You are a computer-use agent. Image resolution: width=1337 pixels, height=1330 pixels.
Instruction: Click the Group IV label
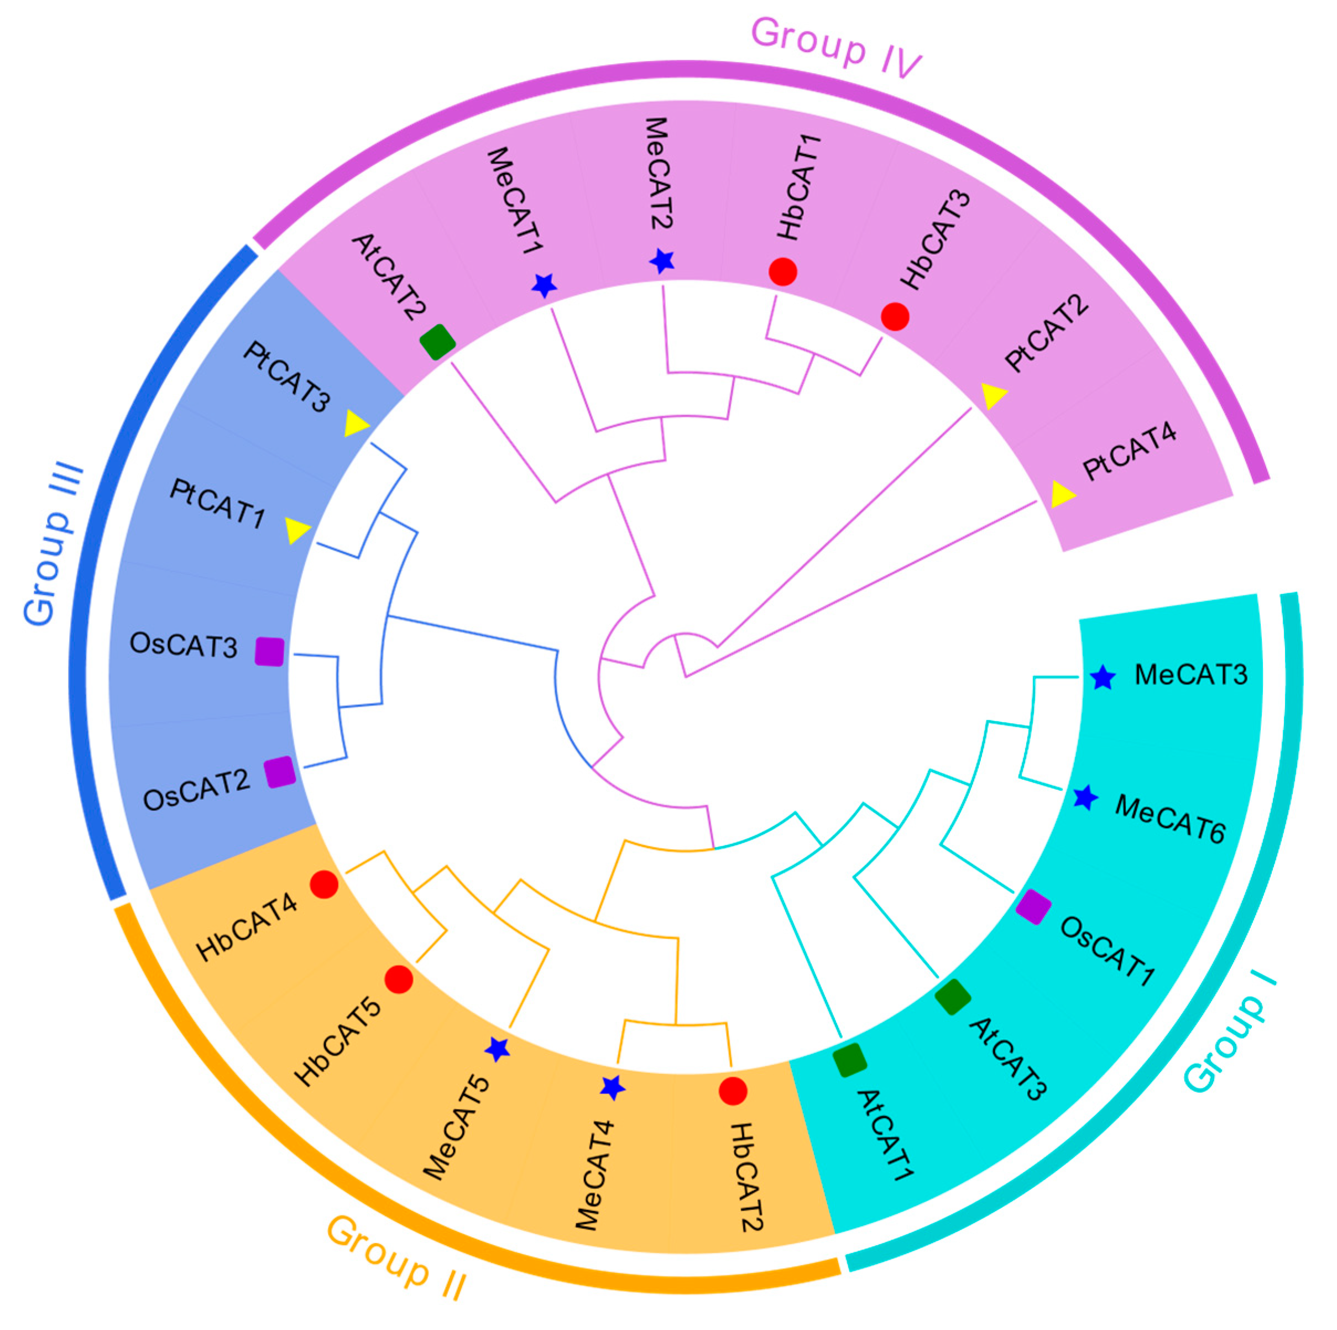(x=835, y=47)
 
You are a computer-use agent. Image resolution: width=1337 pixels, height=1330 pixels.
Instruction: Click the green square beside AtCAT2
(x=437, y=342)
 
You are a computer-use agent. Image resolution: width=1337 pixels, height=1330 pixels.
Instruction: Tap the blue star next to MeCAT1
(x=544, y=284)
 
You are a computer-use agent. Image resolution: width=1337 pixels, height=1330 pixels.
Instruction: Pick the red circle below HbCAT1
(x=783, y=271)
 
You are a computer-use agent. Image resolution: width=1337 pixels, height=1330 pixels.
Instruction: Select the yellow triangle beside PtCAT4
(x=1062, y=494)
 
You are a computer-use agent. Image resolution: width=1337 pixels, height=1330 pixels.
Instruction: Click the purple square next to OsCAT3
(x=269, y=651)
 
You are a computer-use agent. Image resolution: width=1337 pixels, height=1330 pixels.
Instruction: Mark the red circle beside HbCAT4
(x=324, y=884)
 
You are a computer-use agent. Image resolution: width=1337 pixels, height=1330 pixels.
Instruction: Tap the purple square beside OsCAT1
(x=1033, y=907)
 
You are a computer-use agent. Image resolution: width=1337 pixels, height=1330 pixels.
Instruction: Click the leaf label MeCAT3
(x=1190, y=675)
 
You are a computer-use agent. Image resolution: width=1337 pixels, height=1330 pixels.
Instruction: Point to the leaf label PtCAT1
(x=217, y=503)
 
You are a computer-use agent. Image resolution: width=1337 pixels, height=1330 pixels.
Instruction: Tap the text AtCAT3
(x=1007, y=1059)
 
